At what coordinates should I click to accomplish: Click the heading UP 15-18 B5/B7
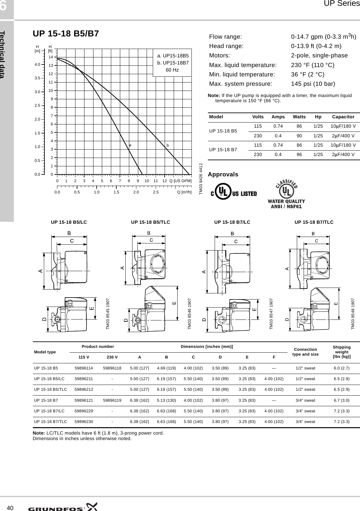coord(66,34)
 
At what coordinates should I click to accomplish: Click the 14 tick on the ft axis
coord(51,57)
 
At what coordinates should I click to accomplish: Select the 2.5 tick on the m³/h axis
coord(156,192)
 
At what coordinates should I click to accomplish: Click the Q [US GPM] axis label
coord(180,181)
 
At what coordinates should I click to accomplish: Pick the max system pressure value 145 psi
coord(313,84)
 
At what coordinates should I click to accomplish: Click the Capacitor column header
coord(343,117)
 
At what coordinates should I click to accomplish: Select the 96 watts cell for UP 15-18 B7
coord(299,154)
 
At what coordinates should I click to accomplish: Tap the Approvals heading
coord(223,174)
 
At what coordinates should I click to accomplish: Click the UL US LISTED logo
coord(234,193)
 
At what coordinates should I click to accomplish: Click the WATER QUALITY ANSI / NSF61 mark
coord(286,196)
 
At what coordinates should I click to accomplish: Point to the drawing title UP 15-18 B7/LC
coord(232,222)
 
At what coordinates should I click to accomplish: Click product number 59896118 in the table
coord(112,368)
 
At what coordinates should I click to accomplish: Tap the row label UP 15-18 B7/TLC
coord(51,421)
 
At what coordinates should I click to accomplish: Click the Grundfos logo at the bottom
coord(63,506)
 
